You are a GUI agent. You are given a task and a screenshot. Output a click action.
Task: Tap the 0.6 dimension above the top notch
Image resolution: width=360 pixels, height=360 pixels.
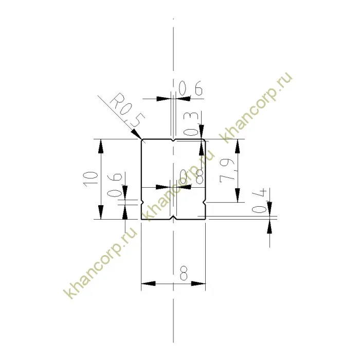click(x=190, y=91)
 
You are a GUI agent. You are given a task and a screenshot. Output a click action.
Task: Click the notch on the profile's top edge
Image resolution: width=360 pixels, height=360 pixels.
click(x=174, y=140)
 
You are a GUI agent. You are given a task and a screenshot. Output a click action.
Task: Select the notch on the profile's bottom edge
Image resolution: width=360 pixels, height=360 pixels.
click(x=174, y=218)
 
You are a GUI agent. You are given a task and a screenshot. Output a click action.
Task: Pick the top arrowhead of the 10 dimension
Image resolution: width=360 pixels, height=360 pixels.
click(x=101, y=145)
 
